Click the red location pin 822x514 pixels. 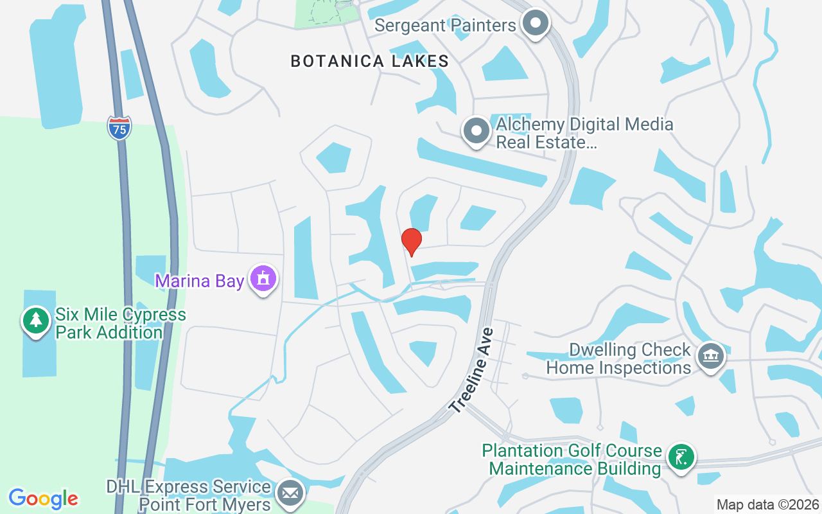tap(411, 242)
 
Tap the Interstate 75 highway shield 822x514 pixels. tap(119, 128)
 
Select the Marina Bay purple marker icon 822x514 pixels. tap(263, 279)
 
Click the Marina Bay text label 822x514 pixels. tap(200, 281)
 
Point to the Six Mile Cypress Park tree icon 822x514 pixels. tap(36, 319)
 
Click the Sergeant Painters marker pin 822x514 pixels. tap(535, 24)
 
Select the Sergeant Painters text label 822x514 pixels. tap(445, 25)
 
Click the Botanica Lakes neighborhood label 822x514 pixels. tap(369, 61)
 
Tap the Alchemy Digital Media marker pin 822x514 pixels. tap(477, 130)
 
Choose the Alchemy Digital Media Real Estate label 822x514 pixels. tap(584, 133)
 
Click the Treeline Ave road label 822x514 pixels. tap(471, 371)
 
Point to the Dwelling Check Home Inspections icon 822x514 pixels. tap(710, 355)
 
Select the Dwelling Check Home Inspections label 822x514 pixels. tap(618, 359)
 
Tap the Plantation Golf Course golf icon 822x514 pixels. tap(681, 457)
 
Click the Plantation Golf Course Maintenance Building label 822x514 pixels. tap(572, 459)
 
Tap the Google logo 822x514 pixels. tap(44, 498)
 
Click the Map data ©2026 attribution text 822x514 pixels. tap(767, 504)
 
